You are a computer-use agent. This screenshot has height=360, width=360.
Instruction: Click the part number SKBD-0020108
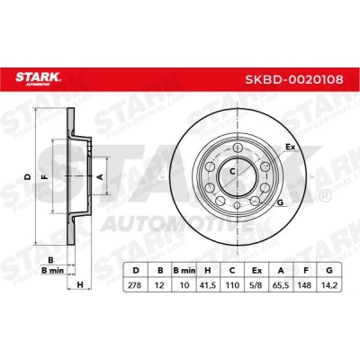pyautogui.click(x=294, y=79)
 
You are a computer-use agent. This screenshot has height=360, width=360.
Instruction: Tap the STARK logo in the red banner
pyautogui.click(x=39, y=78)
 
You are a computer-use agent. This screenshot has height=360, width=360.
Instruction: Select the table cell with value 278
pyautogui.click(x=135, y=285)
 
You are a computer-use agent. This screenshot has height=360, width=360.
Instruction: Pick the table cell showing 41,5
pyautogui.click(x=208, y=285)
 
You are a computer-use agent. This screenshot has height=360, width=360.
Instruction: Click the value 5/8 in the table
pyautogui.click(x=256, y=285)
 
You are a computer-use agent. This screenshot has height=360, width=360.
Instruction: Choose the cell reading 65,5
pyautogui.click(x=281, y=285)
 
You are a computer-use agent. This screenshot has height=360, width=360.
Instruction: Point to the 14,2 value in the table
pyautogui.click(x=329, y=285)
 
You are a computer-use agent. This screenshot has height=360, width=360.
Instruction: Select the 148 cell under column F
pyautogui.click(x=305, y=285)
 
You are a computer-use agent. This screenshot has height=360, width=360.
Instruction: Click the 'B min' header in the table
pyautogui.click(x=184, y=271)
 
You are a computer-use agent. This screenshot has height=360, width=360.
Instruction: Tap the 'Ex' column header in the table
pyautogui.click(x=256, y=271)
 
